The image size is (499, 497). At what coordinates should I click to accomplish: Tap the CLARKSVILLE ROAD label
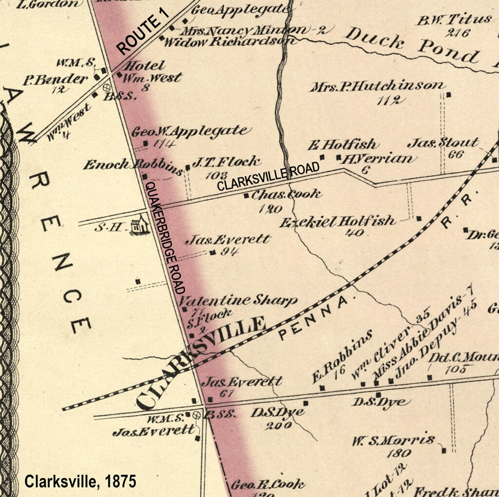click(268, 176)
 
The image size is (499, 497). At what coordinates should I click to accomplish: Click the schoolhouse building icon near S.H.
click(140, 225)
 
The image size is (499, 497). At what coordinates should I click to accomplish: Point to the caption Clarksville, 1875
click(80, 482)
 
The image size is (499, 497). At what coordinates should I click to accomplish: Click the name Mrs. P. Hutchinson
click(377, 87)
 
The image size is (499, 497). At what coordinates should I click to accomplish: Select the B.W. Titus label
click(454, 20)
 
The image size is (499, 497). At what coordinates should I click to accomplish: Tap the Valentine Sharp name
click(239, 300)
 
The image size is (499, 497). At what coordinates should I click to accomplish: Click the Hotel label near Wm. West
click(145, 65)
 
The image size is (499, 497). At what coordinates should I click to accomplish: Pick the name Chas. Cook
click(286, 194)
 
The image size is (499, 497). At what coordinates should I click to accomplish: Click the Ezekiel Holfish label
click(337, 221)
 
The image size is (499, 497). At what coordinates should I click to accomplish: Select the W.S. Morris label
click(394, 441)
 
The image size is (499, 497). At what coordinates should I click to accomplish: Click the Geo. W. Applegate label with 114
click(190, 131)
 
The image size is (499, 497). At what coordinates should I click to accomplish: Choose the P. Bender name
click(55, 79)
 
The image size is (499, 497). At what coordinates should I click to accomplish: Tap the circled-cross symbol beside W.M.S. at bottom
click(197, 415)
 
